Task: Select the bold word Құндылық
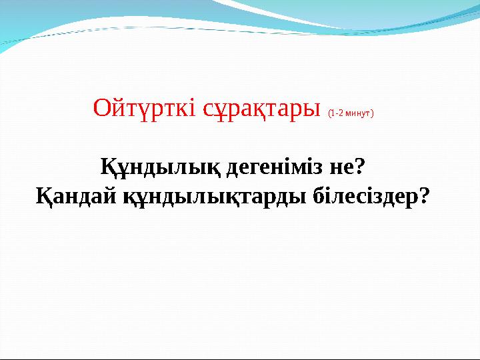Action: click(x=161, y=166)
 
